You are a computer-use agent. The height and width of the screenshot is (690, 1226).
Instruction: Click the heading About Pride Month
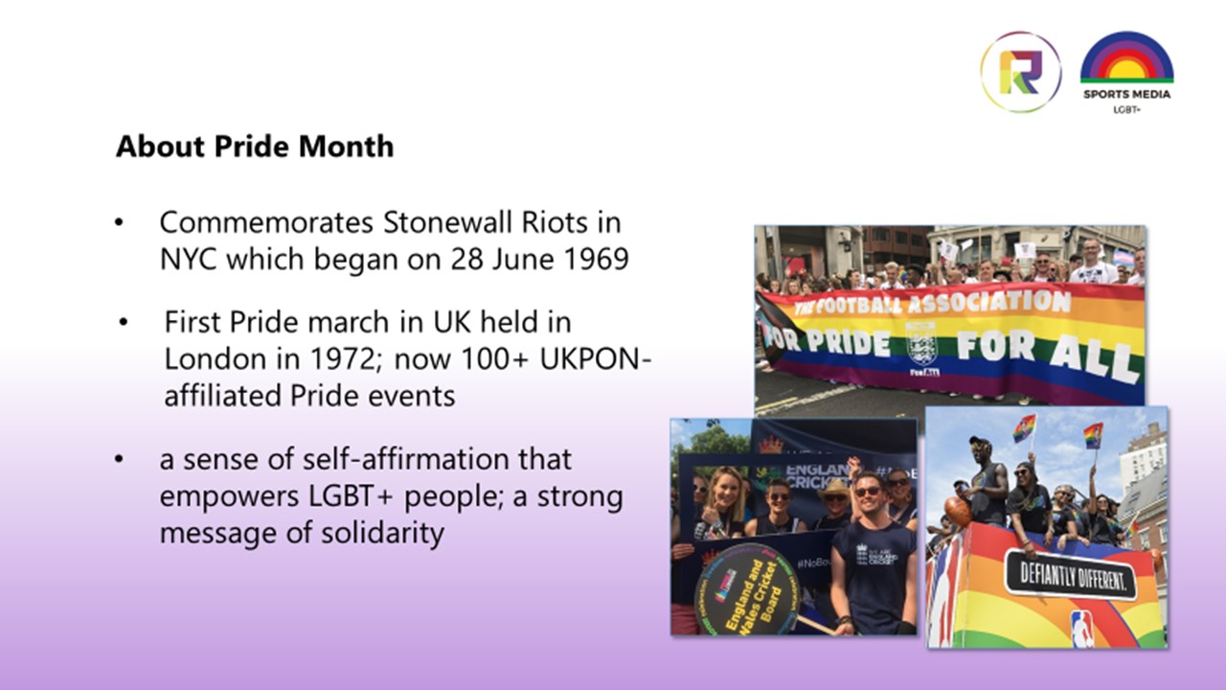255,147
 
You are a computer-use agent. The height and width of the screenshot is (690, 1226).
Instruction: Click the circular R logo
1020,72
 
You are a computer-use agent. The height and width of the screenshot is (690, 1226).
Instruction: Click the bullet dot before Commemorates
119,223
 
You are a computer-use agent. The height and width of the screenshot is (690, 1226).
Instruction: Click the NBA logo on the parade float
1081,627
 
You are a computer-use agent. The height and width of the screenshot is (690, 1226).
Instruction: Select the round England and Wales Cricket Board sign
745,589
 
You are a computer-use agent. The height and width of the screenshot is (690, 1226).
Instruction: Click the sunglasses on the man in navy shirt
868,491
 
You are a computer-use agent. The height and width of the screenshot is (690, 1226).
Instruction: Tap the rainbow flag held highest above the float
1092,436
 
